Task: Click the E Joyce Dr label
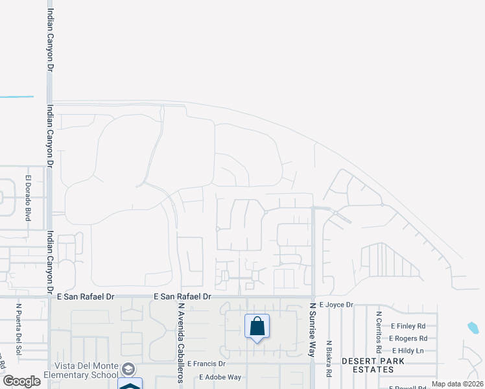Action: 336,305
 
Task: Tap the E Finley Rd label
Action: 408,326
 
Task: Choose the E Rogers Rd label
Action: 408,338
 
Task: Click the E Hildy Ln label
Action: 406,351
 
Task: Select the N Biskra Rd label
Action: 329,360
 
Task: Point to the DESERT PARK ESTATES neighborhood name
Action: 368,364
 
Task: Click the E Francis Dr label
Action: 206,364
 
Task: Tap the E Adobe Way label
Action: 220,377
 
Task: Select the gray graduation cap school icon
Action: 130,368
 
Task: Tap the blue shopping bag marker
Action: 257,326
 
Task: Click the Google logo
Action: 21,381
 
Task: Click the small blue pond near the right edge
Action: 473,328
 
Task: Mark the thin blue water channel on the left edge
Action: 17,97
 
